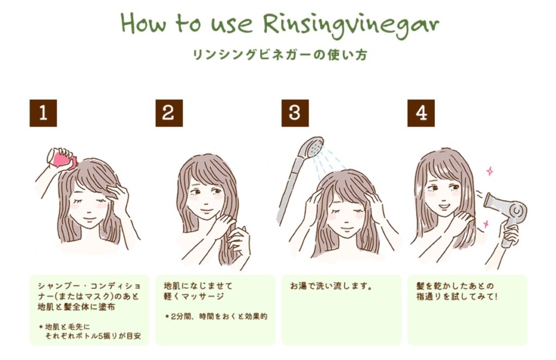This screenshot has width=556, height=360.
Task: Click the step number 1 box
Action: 43,113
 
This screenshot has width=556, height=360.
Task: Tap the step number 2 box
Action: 169,113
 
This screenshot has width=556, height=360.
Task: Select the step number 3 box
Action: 295,113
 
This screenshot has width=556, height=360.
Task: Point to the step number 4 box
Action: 421,113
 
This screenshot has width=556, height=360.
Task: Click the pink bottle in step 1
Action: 63,159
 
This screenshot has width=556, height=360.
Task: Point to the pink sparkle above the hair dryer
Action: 490,171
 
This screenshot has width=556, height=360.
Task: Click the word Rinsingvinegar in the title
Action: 351,24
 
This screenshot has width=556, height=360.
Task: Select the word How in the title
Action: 143,23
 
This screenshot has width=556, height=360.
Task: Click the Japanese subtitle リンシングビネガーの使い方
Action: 280,55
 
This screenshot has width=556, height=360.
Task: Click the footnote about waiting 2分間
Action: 216,317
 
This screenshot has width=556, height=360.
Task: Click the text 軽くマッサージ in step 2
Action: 194,296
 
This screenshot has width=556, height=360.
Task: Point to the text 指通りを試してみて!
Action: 457,296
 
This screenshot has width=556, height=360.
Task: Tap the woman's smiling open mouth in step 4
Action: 443,206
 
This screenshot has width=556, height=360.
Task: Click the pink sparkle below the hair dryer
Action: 486,224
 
